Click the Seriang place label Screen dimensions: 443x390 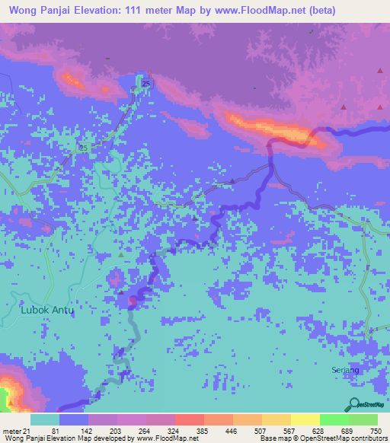[344, 369]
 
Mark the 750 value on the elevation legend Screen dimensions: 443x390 [376, 431]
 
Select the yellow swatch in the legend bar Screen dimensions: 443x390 [305, 419]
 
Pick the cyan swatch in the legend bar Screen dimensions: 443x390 [45, 419]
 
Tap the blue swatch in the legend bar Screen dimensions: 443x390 [74, 419]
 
